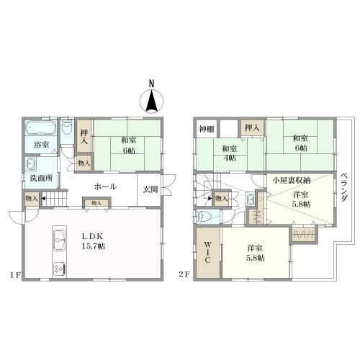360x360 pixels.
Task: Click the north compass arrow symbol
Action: pyautogui.click(x=152, y=101)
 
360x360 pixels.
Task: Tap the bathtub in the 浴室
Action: pyautogui.click(x=41, y=127)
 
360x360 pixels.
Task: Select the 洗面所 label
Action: pyautogui.click(x=41, y=178)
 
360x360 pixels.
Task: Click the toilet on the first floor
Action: pyautogui.click(x=67, y=127)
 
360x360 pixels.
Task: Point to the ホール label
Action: pyautogui.click(x=105, y=186)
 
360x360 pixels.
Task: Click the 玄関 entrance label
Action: pyautogui.click(x=150, y=189)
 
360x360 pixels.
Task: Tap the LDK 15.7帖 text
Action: pyautogui.click(x=93, y=241)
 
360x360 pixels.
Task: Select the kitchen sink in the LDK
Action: pyautogui.click(x=60, y=240)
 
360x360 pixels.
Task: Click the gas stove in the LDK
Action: pyautogui.click(x=60, y=269)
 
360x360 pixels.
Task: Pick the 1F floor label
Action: pyautogui.click(x=15, y=275)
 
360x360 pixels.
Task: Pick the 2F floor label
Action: pyautogui.click(x=184, y=274)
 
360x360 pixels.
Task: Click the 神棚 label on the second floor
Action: pyautogui.click(x=207, y=130)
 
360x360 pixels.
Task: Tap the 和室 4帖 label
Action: pyautogui.click(x=230, y=153)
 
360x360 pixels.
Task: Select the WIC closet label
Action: pyautogui.click(x=208, y=252)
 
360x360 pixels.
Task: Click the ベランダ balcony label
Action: pyautogui.click(x=344, y=187)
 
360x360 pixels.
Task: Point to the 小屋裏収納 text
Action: pyautogui.click(x=292, y=180)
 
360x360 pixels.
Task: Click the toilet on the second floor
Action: pyautogui.click(x=203, y=217)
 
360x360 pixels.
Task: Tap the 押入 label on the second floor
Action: pyautogui.click(x=252, y=127)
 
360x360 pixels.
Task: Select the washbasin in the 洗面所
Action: pyautogui.click(x=31, y=164)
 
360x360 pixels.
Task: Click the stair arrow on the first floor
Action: pyautogui.click(x=43, y=199)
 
